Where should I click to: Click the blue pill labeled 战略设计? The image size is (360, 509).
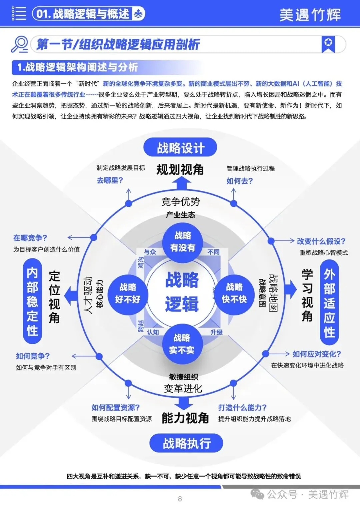point(180,147)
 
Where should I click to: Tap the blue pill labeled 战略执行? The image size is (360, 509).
point(186,443)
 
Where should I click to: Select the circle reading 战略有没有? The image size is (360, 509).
point(183,242)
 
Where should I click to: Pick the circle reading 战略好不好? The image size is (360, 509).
point(128,294)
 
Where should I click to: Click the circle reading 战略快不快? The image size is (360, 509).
point(234,294)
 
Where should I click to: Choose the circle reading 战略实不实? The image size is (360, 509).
point(182,344)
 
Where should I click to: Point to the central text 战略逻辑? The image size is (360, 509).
point(182,292)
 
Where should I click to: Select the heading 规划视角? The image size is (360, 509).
point(180,169)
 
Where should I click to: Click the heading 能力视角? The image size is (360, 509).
point(185,418)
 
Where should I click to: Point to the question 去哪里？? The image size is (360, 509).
point(110,180)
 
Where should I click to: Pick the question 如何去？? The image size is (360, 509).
point(240,181)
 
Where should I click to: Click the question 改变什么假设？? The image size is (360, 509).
point(321,241)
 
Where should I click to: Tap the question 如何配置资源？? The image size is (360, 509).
point(116,407)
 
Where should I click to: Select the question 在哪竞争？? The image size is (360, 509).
point(30,238)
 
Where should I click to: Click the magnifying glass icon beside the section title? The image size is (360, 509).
point(19,44)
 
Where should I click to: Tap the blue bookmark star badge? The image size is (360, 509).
point(328,44)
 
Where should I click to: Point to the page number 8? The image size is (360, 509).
point(180,499)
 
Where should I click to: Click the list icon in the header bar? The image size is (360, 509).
point(19,13)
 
